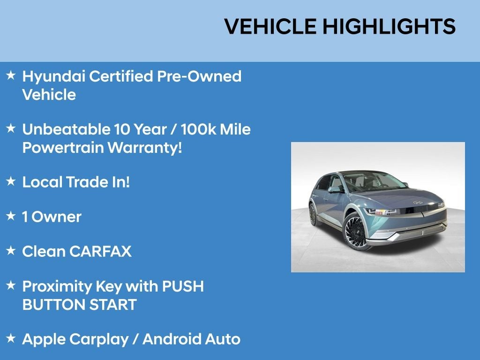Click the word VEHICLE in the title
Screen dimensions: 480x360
click(x=270, y=26)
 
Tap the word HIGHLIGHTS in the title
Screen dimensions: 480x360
click(x=389, y=26)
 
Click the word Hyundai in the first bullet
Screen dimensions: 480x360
click(x=53, y=76)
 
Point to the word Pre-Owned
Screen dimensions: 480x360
click(x=199, y=76)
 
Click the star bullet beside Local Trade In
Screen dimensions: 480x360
click(x=11, y=181)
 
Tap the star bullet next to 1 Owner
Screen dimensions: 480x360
click(x=11, y=216)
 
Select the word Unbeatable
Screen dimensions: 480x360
click(x=66, y=129)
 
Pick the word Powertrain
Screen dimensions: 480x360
click(x=63, y=148)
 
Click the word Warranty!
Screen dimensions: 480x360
click(x=145, y=148)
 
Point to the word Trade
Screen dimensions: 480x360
click(x=87, y=182)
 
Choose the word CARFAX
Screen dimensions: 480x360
click(x=100, y=251)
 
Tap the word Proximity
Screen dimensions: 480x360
click(x=57, y=287)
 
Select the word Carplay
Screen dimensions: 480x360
click(x=99, y=340)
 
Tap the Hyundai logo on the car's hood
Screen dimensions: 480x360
click(x=418, y=202)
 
